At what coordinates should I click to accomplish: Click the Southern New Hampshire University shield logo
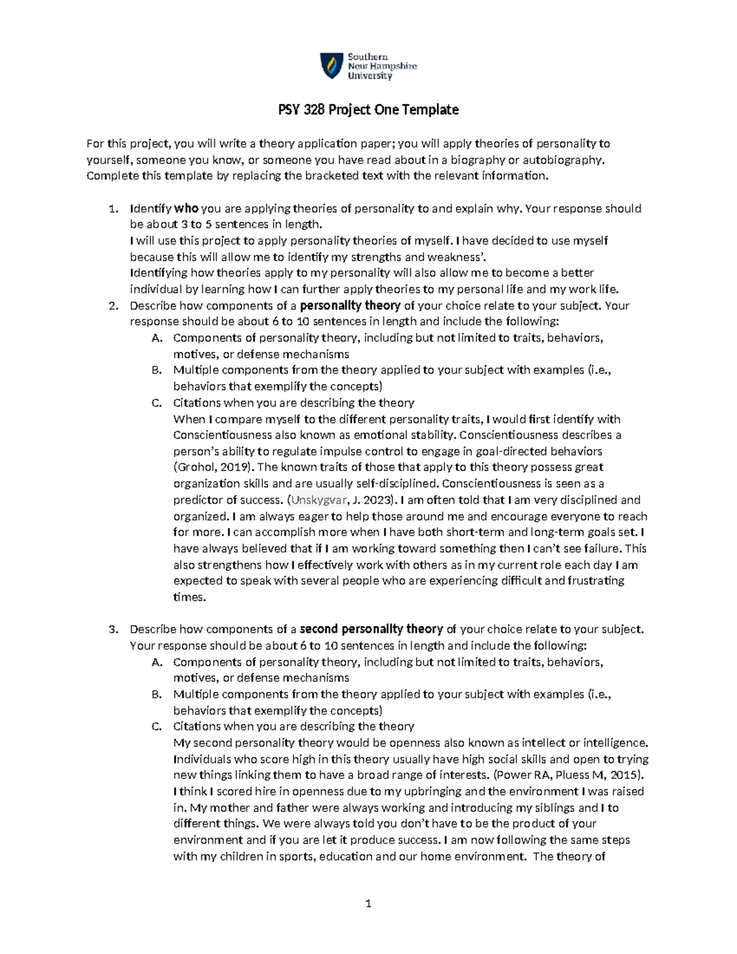click(332, 66)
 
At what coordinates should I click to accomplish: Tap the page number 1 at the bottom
click(368, 903)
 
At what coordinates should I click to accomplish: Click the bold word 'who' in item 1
click(187, 208)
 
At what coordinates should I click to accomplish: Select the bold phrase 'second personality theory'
click(371, 629)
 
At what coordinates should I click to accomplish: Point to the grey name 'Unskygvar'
click(319, 500)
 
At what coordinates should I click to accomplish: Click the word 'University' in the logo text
click(370, 76)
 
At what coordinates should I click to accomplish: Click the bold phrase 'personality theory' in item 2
click(350, 305)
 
